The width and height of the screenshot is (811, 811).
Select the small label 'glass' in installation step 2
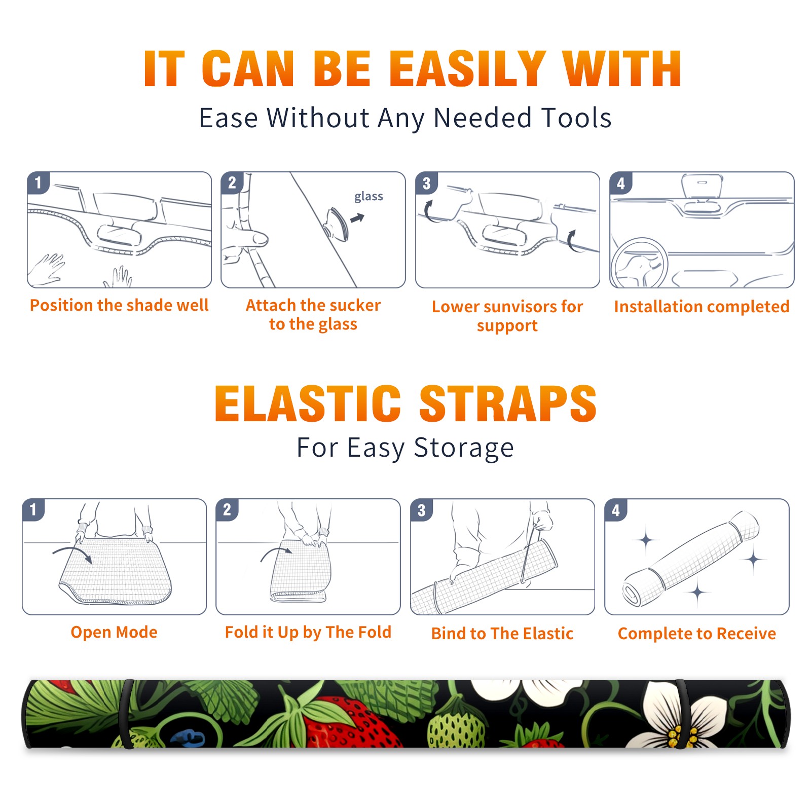(368, 197)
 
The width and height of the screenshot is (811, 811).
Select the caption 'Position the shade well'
(119, 305)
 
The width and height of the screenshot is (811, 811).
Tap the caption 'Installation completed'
(702, 307)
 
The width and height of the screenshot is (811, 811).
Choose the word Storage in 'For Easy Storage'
(464, 448)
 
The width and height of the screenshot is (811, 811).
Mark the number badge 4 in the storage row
(616, 510)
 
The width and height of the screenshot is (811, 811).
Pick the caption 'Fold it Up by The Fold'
(308, 633)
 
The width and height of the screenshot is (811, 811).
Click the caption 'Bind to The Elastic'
(502, 634)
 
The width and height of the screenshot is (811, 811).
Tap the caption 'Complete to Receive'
(697, 634)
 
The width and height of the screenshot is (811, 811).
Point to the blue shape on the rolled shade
(188, 738)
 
